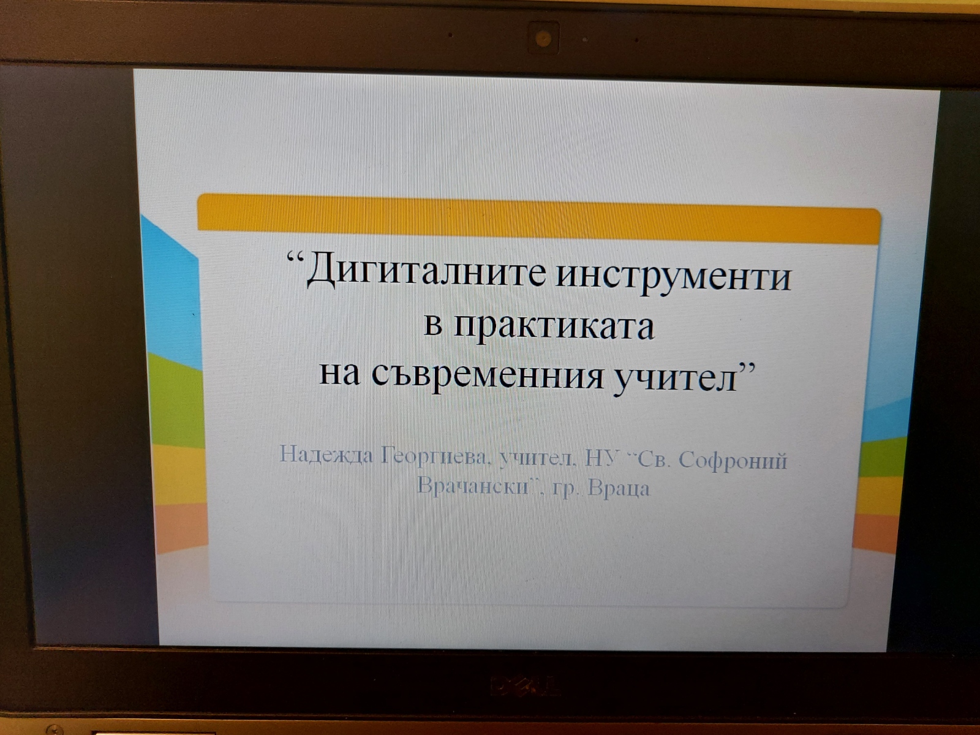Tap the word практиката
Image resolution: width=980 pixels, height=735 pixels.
click(x=554, y=328)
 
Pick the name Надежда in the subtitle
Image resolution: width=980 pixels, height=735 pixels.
click(x=326, y=454)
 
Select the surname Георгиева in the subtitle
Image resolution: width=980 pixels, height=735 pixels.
click(x=434, y=456)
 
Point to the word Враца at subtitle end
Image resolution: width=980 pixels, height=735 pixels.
click(x=619, y=488)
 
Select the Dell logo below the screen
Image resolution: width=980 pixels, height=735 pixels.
click(x=524, y=686)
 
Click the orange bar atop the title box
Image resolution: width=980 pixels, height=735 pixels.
click(x=539, y=219)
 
